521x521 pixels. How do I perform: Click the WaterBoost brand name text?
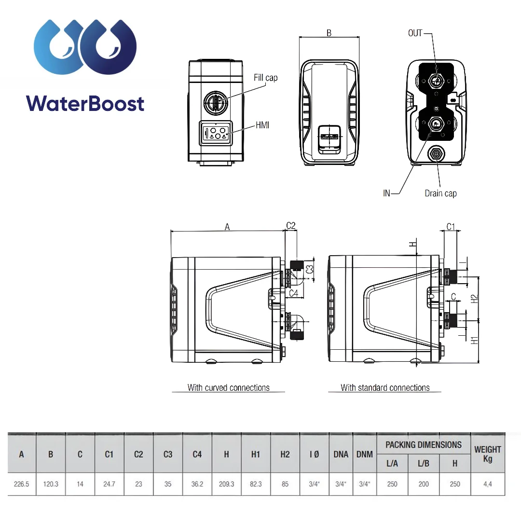click(x=85, y=104)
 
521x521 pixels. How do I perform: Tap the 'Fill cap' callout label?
click(x=265, y=78)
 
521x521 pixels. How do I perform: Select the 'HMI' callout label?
click(x=262, y=125)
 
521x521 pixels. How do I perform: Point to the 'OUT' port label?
click(x=415, y=33)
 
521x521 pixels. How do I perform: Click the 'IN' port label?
click(x=386, y=193)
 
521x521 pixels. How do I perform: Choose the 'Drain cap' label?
click(x=440, y=193)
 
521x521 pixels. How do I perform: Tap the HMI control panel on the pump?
click(x=216, y=133)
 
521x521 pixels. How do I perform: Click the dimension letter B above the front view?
click(x=329, y=33)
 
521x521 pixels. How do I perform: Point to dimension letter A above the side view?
click(x=227, y=227)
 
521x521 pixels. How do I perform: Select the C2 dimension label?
click(x=291, y=225)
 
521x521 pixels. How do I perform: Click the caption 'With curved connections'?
click(x=228, y=387)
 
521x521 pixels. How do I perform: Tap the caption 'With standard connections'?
click(x=385, y=387)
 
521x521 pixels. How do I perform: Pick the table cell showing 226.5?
click(x=22, y=484)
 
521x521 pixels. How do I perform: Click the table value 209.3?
click(x=226, y=484)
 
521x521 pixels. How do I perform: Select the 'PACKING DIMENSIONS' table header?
click(x=424, y=445)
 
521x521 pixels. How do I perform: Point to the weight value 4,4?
click(x=488, y=484)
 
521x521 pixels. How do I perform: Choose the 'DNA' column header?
click(x=341, y=454)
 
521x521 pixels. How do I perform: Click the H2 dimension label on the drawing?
click(x=474, y=299)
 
